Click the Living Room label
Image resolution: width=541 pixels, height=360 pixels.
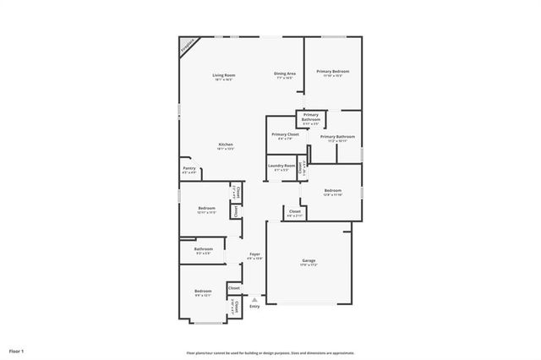point(223,76)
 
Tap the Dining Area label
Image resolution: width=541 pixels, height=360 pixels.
point(284,74)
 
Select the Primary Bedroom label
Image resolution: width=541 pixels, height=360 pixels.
point(333,73)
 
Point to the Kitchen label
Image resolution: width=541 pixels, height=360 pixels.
point(226,145)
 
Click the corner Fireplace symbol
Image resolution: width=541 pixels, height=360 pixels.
point(187,46)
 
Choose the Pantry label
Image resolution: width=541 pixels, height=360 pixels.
point(189,168)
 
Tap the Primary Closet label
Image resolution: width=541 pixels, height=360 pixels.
point(285,135)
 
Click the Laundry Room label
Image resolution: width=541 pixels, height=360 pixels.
point(281,166)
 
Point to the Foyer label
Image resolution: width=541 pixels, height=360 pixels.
point(254,255)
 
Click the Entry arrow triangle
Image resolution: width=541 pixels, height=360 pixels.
point(254,299)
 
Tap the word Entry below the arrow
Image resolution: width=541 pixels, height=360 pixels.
point(254,307)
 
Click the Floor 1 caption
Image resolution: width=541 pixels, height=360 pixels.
point(17,350)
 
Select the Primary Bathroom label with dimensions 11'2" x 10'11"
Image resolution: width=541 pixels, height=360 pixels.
point(337,137)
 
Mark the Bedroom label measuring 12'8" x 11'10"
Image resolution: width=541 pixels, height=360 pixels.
point(333,191)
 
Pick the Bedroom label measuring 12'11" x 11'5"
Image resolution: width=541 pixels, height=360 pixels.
point(207,209)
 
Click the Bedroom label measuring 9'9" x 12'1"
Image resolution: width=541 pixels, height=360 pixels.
point(203,292)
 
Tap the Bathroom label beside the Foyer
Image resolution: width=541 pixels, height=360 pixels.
point(203,249)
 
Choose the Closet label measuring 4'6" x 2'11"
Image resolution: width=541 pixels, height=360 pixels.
point(294,212)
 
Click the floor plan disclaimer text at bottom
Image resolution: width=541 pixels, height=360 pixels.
point(270,353)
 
